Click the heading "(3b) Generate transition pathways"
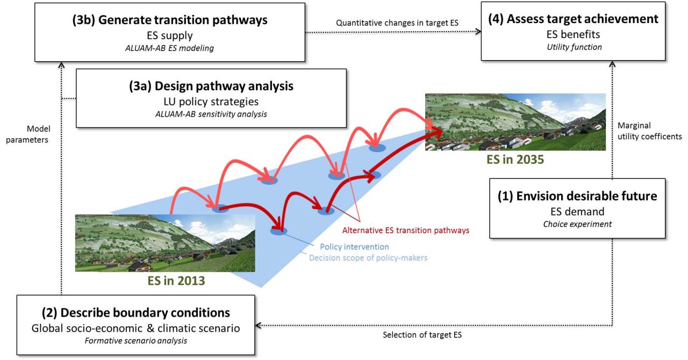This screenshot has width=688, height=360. (x=170, y=20)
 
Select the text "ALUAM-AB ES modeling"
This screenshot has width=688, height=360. (x=169, y=48)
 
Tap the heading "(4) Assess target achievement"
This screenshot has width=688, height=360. (x=573, y=19)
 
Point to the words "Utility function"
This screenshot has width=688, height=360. (x=574, y=47)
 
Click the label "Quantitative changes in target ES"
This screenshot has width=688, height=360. (x=397, y=23)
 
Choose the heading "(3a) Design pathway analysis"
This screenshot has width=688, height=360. (x=211, y=86)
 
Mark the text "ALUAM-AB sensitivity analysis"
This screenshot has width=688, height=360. (x=211, y=114)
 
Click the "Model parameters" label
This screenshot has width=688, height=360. (x=27, y=134)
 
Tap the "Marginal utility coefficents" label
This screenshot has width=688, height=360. (x=650, y=131)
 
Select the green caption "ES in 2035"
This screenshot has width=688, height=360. (x=515, y=160)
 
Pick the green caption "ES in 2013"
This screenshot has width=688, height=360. (x=176, y=281)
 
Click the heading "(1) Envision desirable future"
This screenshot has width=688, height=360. (x=577, y=196)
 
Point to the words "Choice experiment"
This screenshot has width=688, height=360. (x=577, y=224)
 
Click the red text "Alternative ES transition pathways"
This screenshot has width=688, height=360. (x=406, y=231)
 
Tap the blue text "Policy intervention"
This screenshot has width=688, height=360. (x=354, y=247)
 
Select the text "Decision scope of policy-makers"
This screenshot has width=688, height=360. (x=368, y=258)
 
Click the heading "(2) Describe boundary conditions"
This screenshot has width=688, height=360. (x=136, y=313)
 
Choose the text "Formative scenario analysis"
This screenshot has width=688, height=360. (x=136, y=341)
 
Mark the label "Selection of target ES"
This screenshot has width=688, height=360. (x=422, y=335)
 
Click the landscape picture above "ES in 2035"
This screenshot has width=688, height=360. (x=515, y=122)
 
